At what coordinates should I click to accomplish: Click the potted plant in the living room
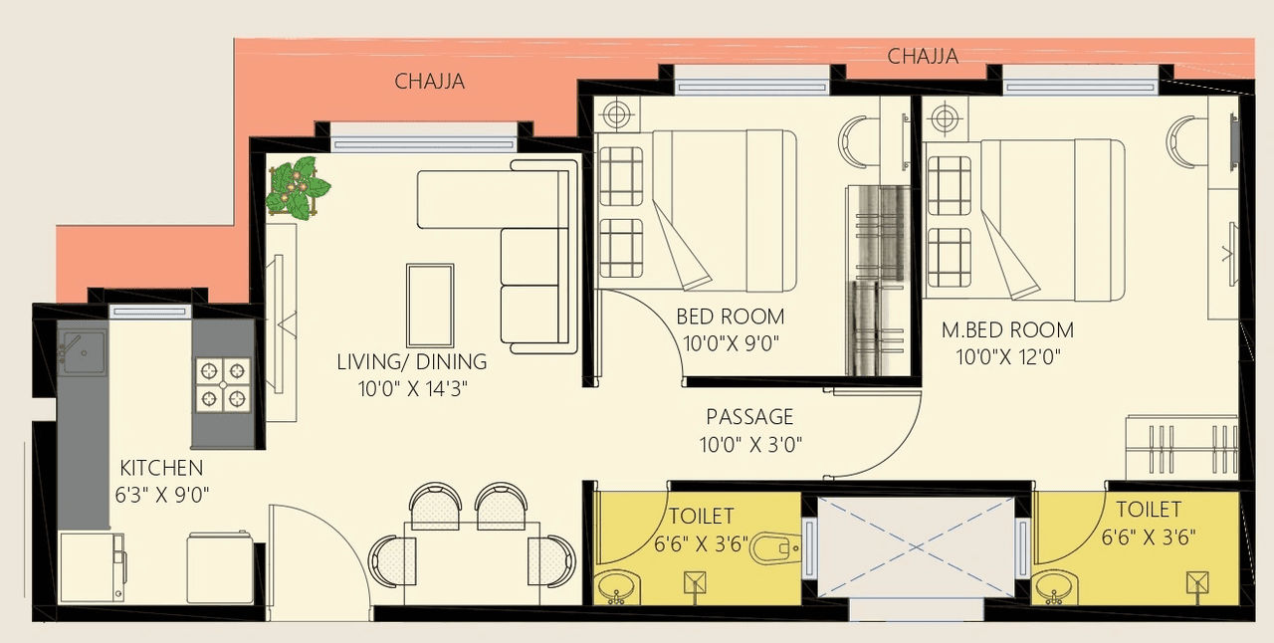(297, 188)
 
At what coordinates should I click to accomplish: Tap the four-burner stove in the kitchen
(223, 384)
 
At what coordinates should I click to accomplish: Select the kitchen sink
(82, 352)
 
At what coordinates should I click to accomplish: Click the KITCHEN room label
(161, 468)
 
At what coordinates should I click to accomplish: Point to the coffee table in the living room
(430, 306)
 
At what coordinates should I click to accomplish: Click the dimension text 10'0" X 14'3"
(412, 389)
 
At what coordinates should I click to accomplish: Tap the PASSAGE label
(749, 416)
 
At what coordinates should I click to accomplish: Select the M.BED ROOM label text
(1007, 330)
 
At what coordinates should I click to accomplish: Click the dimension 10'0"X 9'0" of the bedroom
(730, 344)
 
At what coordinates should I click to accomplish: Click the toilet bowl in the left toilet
(773, 547)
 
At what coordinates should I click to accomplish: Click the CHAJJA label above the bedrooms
(923, 57)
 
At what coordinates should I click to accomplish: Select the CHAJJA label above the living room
(429, 82)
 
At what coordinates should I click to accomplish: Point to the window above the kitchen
(149, 312)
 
